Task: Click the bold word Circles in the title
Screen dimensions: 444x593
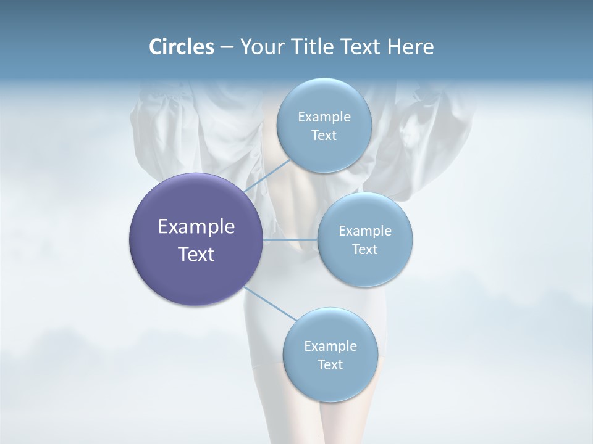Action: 181,47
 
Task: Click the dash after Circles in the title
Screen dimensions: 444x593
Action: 226,47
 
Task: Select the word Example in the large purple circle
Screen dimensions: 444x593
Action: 196,227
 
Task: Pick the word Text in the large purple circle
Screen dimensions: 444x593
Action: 196,254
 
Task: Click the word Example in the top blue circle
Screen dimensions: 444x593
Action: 324,117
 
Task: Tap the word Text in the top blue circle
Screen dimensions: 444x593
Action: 324,136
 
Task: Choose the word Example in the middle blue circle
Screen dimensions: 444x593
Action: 365,231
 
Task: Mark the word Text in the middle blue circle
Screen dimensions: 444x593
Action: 365,250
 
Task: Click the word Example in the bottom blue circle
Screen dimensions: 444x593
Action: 330,347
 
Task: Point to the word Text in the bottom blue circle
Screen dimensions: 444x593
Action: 330,365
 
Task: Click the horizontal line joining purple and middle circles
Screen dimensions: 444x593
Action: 290,239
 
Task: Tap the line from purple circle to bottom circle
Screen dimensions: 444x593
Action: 270,304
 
